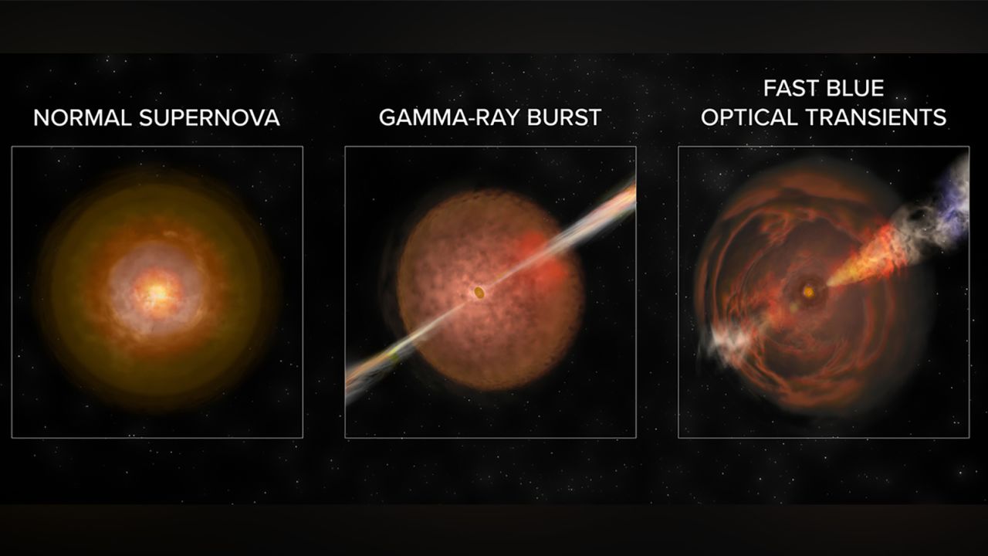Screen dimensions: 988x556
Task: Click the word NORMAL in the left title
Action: click(83, 118)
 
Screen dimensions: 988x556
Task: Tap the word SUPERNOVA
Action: click(209, 118)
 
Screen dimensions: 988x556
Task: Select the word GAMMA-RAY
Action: click(448, 118)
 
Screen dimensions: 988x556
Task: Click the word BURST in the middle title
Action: click(564, 118)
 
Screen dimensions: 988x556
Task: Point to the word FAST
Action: click(790, 88)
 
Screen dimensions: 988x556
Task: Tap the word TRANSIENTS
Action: click(876, 118)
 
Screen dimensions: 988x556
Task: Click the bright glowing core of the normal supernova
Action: click(157, 292)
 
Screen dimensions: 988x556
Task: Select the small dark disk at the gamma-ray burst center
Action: click(479, 292)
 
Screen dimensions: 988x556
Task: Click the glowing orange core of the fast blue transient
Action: click(808, 292)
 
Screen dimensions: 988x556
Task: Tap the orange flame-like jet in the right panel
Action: click(864, 260)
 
